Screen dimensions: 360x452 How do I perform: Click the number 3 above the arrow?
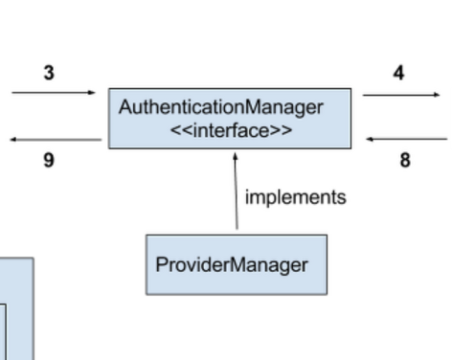pos(48,74)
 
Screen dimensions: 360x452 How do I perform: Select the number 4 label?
pos(399,73)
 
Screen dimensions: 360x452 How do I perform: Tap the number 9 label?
pos(48,161)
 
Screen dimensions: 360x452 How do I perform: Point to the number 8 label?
pos(405,161)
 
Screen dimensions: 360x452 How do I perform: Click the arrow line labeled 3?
pos(53,93)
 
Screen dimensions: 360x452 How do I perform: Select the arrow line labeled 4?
pos(400,95)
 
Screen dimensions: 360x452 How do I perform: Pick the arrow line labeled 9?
pos(56,140)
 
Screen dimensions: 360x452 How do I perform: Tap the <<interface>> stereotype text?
pos(230,129)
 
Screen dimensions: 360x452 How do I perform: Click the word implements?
pos(295,197)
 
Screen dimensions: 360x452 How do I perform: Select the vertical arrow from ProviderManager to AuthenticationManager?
pos(236,196)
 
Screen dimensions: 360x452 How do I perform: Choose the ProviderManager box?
pos(236,264)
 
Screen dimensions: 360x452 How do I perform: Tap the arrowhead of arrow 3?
pos(92,93)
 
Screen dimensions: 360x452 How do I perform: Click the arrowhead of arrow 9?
pos(14,140)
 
